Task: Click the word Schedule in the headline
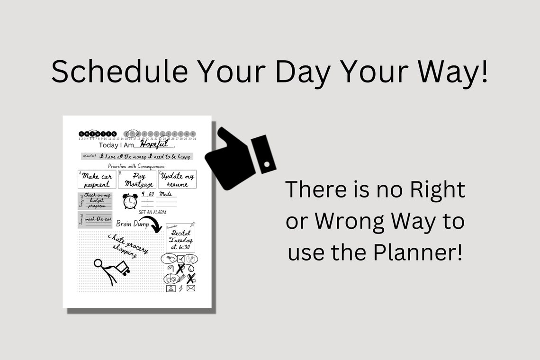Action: click(118, 72)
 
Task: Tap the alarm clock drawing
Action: click(129, 201)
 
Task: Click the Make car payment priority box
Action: click(97, 180)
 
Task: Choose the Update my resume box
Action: click(177, 180)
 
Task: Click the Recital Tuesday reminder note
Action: click(180, 238)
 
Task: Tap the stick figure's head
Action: click(99, 263)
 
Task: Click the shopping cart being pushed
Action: click(123, 268)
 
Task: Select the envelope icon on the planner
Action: click(190, 288)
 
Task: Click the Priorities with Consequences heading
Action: click(136, 166)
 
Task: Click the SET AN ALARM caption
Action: click(153, 212)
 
